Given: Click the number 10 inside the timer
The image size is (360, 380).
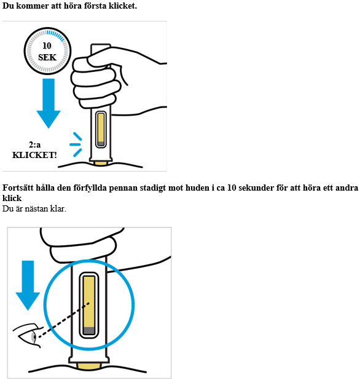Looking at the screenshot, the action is click(x=47, y=46).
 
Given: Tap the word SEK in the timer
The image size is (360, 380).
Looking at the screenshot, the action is click(x=47, y=57).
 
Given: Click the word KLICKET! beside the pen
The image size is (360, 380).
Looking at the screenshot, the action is click(x=34, y=155).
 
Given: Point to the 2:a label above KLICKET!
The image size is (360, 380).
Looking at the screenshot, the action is click(x=34, y=144).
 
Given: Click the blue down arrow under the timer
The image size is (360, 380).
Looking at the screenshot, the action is click(x=49, y=103).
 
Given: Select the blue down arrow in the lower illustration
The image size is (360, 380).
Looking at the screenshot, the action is click(x=28, y=285).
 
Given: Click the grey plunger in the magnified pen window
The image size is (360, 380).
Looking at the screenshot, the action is click(x=89, y=331).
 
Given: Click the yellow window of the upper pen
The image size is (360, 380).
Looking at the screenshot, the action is click(x=101, y=129).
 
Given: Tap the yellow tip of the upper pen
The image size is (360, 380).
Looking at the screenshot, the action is click(x=101, y=163).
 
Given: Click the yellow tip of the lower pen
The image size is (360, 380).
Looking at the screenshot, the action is click(x=89, y=366).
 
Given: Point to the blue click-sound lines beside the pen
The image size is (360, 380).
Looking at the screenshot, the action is click(x=76, y=144).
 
